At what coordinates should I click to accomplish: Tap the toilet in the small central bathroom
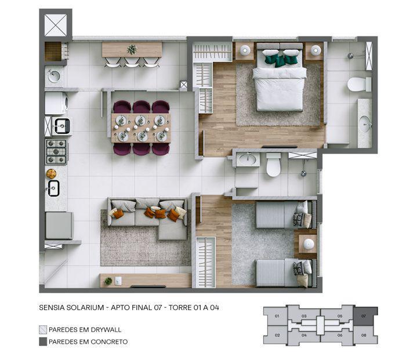[x=273, y=167]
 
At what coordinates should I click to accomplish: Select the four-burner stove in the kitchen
[x=56, y=151]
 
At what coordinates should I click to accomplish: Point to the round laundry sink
[x=54, y=75]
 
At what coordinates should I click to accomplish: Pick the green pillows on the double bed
[x=281, y=58]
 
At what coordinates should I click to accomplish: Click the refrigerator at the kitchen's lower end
[x=59, y=226]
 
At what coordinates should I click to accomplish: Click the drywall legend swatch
[x=43, y=329]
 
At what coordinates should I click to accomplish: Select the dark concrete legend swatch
[x=43, y=341]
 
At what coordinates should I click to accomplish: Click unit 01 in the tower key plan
[x=277, y=317]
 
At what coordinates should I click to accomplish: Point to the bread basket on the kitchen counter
[x=52, y=173]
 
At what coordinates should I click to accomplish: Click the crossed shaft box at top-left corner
[x=56, y=25]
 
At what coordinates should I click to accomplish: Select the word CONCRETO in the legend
[x=108, y=341]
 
